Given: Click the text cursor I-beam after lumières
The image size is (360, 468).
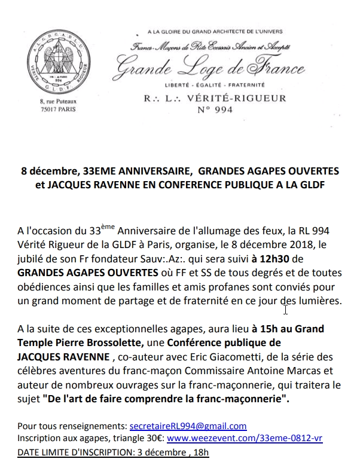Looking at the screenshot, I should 286,309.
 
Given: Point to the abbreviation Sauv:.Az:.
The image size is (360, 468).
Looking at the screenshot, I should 172,259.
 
